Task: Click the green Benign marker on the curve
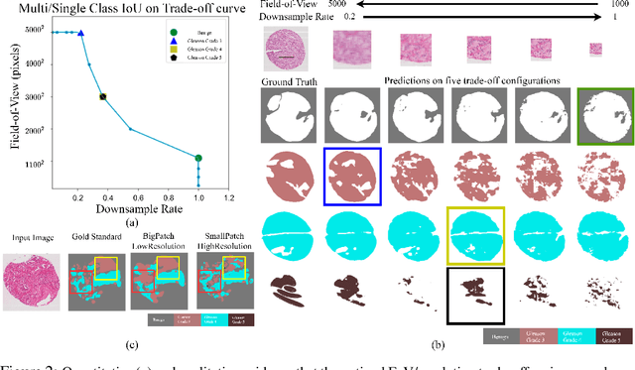[x=198, y=158]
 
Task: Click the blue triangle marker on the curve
[x=81, y=33]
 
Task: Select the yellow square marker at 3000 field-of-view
[x=102, y=97]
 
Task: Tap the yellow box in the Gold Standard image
[x=106, y=264]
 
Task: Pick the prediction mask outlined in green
[x=607, y=116]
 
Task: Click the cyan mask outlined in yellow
[x=477, y=238]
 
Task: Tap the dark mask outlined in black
[x=477, y=294]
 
